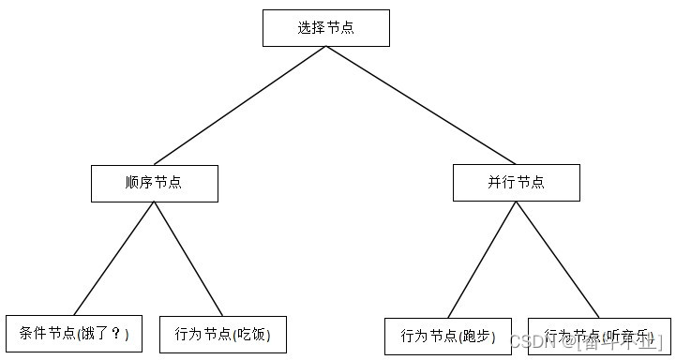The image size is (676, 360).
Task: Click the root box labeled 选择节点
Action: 325,27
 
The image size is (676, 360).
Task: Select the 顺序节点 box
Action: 154,183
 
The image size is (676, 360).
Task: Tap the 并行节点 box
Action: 516,182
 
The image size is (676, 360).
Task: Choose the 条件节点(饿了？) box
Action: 74,333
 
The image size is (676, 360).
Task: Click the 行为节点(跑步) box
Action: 448,336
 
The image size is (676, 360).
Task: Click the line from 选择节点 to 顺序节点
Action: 240,105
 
